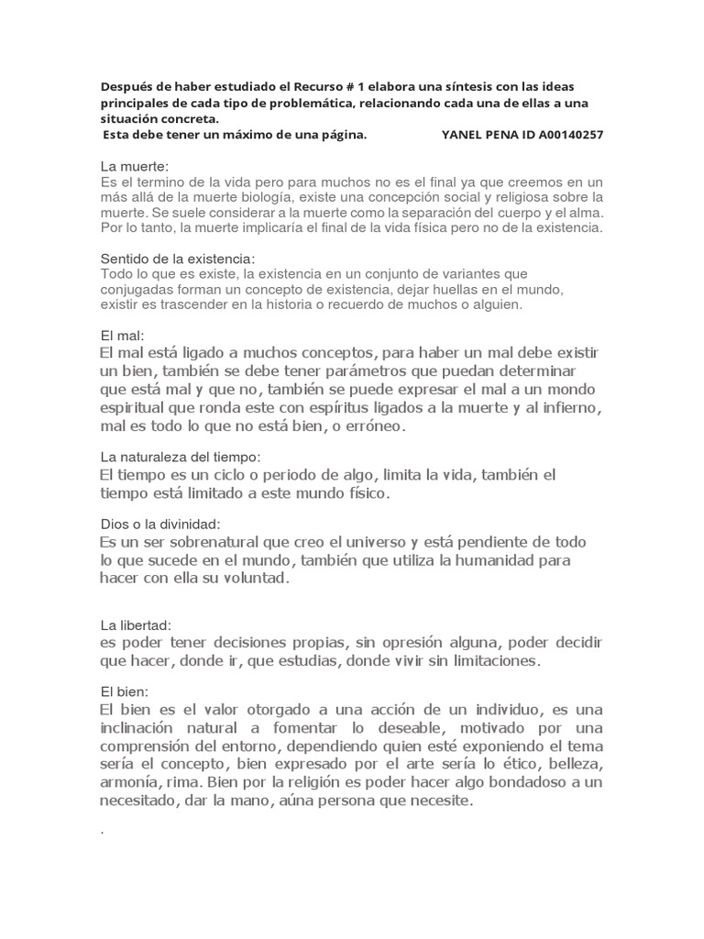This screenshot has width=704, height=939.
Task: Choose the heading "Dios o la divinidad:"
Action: (x=159, y=524)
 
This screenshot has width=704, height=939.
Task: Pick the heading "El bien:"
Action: (x=125, y=690)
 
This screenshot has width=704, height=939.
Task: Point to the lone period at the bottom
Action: (x=102, y=832)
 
